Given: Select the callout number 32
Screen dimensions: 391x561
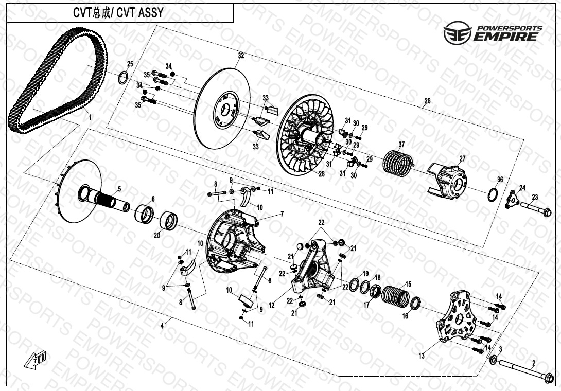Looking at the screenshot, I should (241, 55).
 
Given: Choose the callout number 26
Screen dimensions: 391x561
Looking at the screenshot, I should (427, 101).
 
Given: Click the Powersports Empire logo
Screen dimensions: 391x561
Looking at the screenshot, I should (493, 32).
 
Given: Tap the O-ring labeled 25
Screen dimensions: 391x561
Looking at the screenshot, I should (124, 78).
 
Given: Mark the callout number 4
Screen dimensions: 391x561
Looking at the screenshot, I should (162, 326).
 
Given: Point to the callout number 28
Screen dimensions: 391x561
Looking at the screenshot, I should (321, 174).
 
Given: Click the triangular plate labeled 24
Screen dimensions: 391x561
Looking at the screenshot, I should (511, 200).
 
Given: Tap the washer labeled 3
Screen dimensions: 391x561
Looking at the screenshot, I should (493, 360).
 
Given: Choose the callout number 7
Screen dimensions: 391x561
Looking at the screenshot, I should (282, 214).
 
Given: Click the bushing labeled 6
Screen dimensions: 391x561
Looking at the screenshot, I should (145, 213).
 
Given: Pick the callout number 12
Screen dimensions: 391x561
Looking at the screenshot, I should (271, 305).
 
